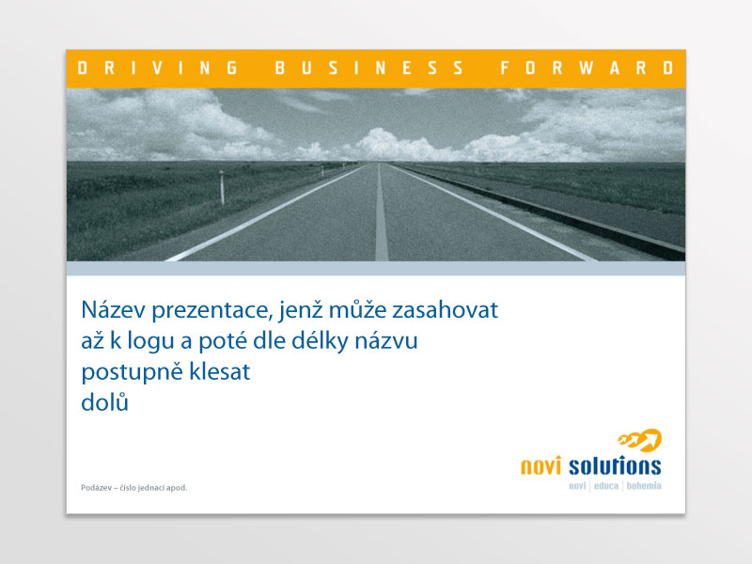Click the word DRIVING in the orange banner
(x=158, y=68)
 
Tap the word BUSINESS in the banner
(x=369, y=68)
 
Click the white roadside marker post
(x=222, y=187)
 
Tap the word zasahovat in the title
(x=445, y=309)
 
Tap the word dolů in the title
(x=105, y=401)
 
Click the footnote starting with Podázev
(x=134, y=488)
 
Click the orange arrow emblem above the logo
(x=640, y=440)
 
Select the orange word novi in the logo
(x=541, y=465)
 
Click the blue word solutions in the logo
(x=615, y=465)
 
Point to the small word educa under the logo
(x=606, y=486)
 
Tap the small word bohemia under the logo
(x=644, y=486)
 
